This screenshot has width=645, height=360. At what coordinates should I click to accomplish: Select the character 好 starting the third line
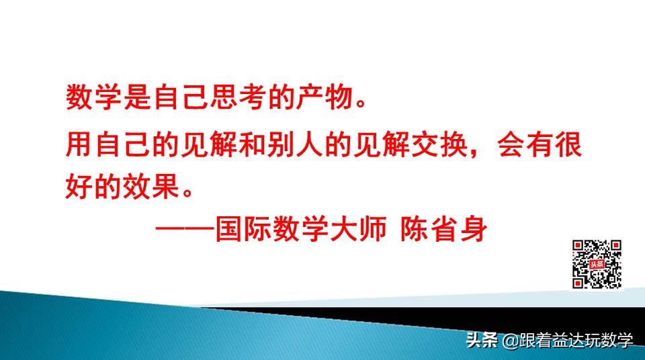pos(79,183)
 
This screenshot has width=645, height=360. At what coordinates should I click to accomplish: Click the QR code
pos(597,264)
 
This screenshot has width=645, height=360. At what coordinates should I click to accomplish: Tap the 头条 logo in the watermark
pos(481,341)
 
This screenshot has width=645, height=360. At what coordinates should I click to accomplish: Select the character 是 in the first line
pos(138,99)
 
